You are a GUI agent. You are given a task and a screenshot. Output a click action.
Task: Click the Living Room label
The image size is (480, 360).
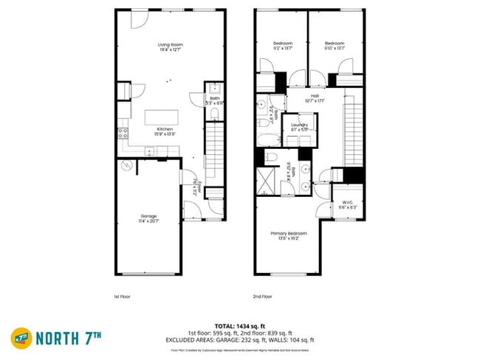tap(170, 47)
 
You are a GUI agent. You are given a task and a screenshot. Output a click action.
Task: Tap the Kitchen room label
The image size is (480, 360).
tap(165, 131)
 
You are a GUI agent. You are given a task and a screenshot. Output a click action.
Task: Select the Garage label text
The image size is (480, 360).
tap(148, 218)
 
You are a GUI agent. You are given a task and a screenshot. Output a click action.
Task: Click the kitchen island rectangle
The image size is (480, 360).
tap(161, 117)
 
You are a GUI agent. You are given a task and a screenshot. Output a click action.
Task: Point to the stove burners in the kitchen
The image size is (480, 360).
tap(123, 134)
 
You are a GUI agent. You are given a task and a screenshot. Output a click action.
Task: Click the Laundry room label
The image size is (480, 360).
tap(298, 127)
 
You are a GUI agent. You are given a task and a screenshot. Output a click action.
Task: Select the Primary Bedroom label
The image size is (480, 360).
tap(288, 235)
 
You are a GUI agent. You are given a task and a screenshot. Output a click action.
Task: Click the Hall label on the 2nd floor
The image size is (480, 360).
tap(315, 97)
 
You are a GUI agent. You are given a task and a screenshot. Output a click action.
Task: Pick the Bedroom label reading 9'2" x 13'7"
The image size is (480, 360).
tap(283, 46)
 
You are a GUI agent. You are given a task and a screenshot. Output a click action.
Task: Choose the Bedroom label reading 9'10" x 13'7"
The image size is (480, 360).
tap(335, 46)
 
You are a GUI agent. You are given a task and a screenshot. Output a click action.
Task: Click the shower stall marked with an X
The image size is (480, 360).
tap(264, 180)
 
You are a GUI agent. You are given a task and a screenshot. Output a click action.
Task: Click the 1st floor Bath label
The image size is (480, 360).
tap(214, 100)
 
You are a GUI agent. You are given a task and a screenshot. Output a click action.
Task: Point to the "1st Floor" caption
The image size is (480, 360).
tap(123, 297)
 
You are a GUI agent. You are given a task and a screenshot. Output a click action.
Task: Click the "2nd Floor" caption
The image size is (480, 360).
tap(264, 297)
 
